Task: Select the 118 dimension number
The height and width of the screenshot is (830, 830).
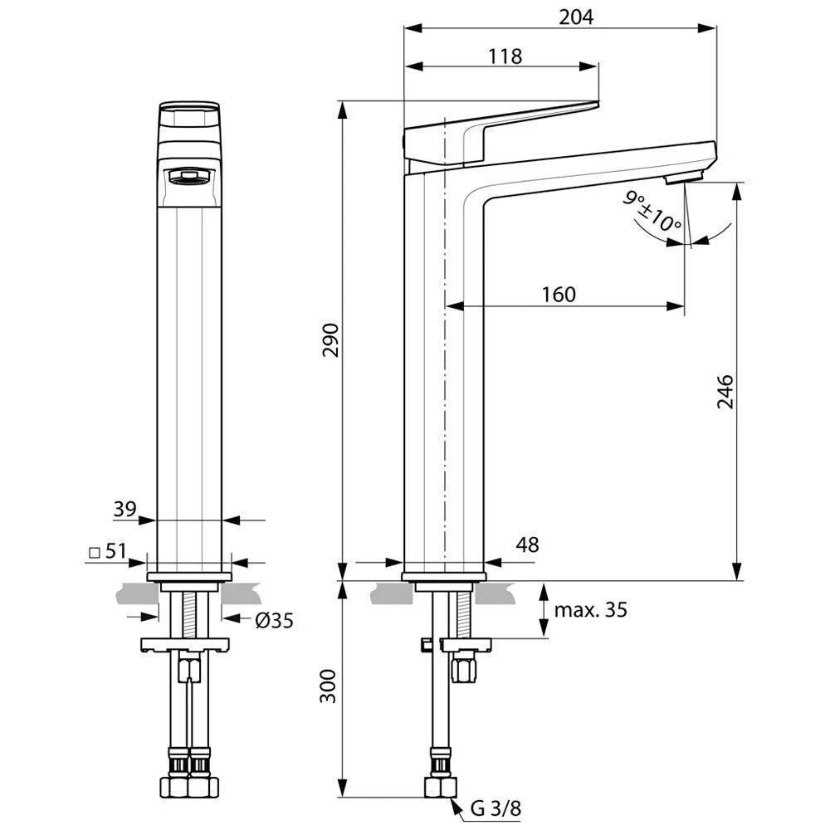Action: click(505, 56)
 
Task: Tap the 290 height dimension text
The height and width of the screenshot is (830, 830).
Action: click(330, 341)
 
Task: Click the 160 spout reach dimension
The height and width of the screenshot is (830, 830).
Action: click(559, 295)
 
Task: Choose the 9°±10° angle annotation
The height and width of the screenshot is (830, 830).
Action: click(653, 211)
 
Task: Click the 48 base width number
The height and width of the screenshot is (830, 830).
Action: click(526, 544)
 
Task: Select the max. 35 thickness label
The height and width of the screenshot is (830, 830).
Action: click(590, 610)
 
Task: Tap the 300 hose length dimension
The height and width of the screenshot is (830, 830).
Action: click(330, 686)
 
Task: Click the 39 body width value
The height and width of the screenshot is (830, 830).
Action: click(124, 509)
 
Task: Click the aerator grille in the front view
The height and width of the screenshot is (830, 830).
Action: click(189, 176)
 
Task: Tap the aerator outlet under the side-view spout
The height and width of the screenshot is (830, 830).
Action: click(685, 176)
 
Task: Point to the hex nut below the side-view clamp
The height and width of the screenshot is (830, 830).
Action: click(463, 667)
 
